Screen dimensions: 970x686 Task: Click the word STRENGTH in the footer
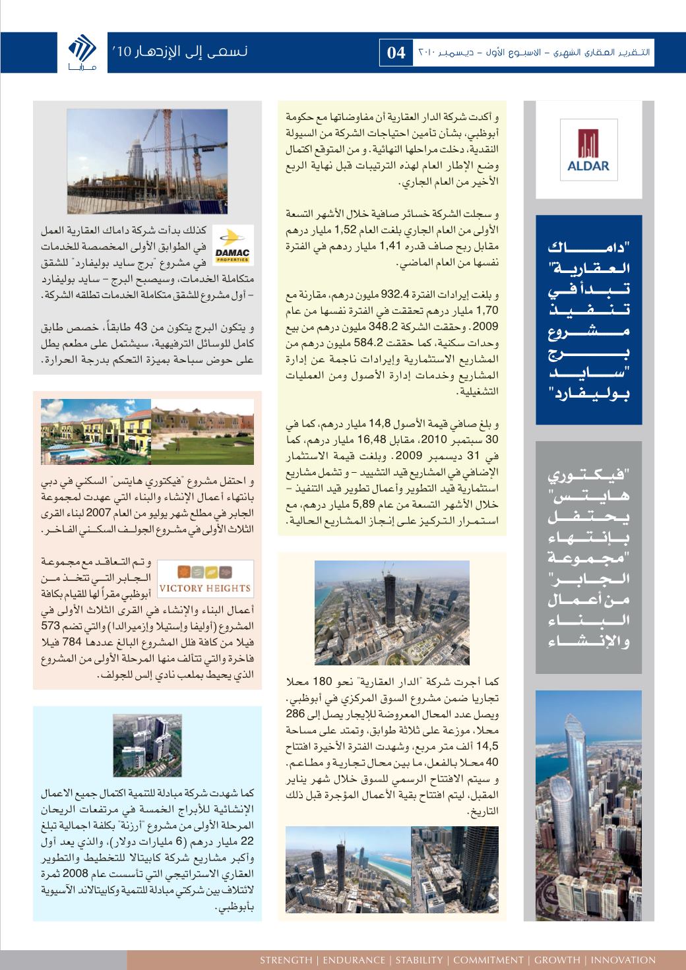[286, 960]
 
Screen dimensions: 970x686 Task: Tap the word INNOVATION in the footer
[623, 960]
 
